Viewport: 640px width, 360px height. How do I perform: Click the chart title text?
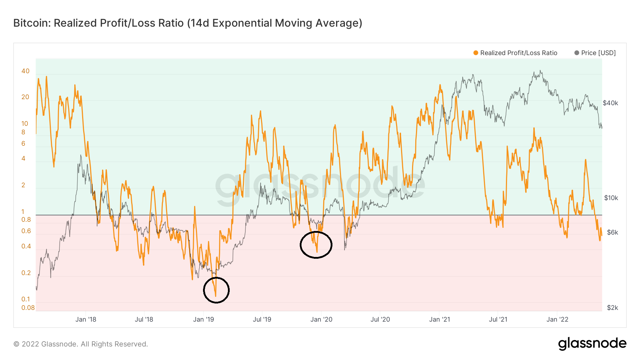click(x=188, y=23)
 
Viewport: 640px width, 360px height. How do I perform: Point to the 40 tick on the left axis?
click(x=25, y=71)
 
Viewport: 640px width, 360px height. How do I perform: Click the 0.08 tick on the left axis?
click(x=28, y=308)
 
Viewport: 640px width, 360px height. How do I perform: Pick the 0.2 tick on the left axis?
click(x=26, y=273)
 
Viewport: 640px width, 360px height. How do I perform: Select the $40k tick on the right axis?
click(x=610, y=103)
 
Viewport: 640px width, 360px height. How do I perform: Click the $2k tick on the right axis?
click(x=612, y=308)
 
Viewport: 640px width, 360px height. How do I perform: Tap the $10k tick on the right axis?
click(x=611, y=198)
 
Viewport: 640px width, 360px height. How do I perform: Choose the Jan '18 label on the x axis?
click(x=86, y=319)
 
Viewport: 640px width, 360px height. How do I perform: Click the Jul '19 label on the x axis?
click(x=262, y=319)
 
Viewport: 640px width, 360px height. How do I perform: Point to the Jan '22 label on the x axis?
click(x=557, y=319)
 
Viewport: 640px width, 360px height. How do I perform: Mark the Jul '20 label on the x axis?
click(x=380, y=319)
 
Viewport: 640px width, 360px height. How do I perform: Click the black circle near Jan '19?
click(x=216, y=290)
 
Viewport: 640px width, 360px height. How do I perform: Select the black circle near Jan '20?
click(x=316, y=245)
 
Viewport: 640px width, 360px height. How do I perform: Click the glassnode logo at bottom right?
click(x=592, y=344)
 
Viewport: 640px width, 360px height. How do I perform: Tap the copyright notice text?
click(x=81, y=344)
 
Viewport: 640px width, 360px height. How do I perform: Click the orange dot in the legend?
click(x=476, y=53)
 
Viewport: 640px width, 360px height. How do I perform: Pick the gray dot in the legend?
click(x=577, y=53)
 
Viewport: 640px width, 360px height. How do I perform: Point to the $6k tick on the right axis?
click(x=612, y=232)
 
